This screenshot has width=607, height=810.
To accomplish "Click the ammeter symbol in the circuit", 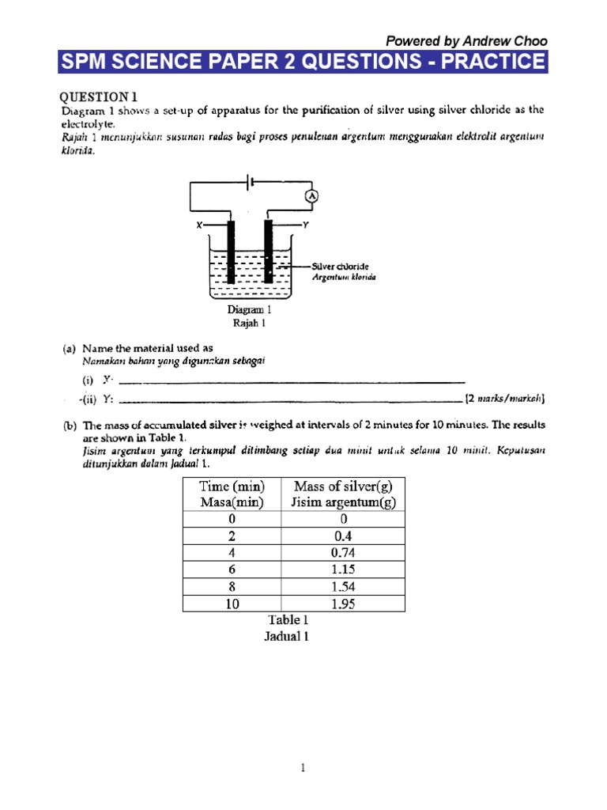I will (x=312, y=195).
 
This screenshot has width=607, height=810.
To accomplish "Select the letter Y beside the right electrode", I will (x=305, y=225).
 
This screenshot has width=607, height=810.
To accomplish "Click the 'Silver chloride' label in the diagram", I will (x=341, y=267).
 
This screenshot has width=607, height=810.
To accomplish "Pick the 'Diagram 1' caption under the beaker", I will (x=251, y=310).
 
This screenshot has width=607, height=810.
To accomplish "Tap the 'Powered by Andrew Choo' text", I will (x=465, y=41).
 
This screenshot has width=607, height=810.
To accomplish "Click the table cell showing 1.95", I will (x=344, y=604).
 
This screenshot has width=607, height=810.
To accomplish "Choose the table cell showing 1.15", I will (x=344, y=570).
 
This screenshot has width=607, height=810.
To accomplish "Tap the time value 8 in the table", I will (x=232, y=587).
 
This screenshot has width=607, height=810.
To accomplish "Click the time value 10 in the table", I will (x=232, y=604).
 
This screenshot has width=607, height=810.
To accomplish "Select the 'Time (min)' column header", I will (x=232, y=486).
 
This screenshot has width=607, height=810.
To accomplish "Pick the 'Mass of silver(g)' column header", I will (x=344, y=486).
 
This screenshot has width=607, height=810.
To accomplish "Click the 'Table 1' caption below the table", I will (x=286, y=621).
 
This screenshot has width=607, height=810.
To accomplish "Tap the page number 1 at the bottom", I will (x=303, y=766).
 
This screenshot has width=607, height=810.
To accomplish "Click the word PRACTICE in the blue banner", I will (x=492, y=62).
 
